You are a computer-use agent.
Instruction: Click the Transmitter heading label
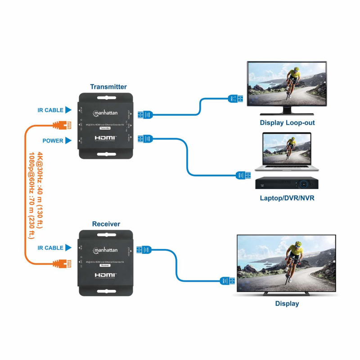(108, 87)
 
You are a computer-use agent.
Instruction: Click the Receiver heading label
(106, 224)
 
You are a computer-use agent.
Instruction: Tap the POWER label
(53, 141)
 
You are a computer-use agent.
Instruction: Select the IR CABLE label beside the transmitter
(50, 110)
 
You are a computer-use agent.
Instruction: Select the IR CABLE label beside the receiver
(50, 248)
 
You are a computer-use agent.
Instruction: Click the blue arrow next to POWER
(68, 141)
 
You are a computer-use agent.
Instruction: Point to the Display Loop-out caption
(287, 122)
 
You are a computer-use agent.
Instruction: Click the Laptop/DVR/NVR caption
(287, 198)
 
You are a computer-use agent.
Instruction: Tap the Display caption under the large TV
(287, 304)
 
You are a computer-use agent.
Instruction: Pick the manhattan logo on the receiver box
(105, 250)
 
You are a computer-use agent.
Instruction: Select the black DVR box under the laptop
(287, 183)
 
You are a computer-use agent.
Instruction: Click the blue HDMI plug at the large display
(227, 281)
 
